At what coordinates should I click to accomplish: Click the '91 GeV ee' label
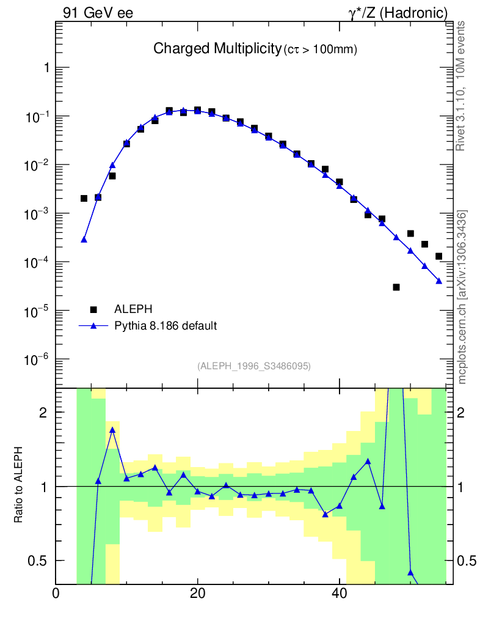[x=98, y=13]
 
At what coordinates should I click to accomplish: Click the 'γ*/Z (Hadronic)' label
[x=398, y=13]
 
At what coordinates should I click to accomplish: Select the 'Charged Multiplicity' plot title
[x=216, y=48]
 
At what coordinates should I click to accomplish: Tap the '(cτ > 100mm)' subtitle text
[x=320, y=50]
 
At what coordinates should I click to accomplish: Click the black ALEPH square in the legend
[x=94, y=309]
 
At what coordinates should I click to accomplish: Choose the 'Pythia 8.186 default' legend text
[x=165, y=326]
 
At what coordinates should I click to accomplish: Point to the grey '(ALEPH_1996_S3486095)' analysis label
[x=254, y=366]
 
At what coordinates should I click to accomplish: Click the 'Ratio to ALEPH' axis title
[x=20, y=485]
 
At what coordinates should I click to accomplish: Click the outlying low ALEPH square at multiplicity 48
[x=396, y=287]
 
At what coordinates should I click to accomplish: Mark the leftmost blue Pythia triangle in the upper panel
[x=84, y=240]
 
